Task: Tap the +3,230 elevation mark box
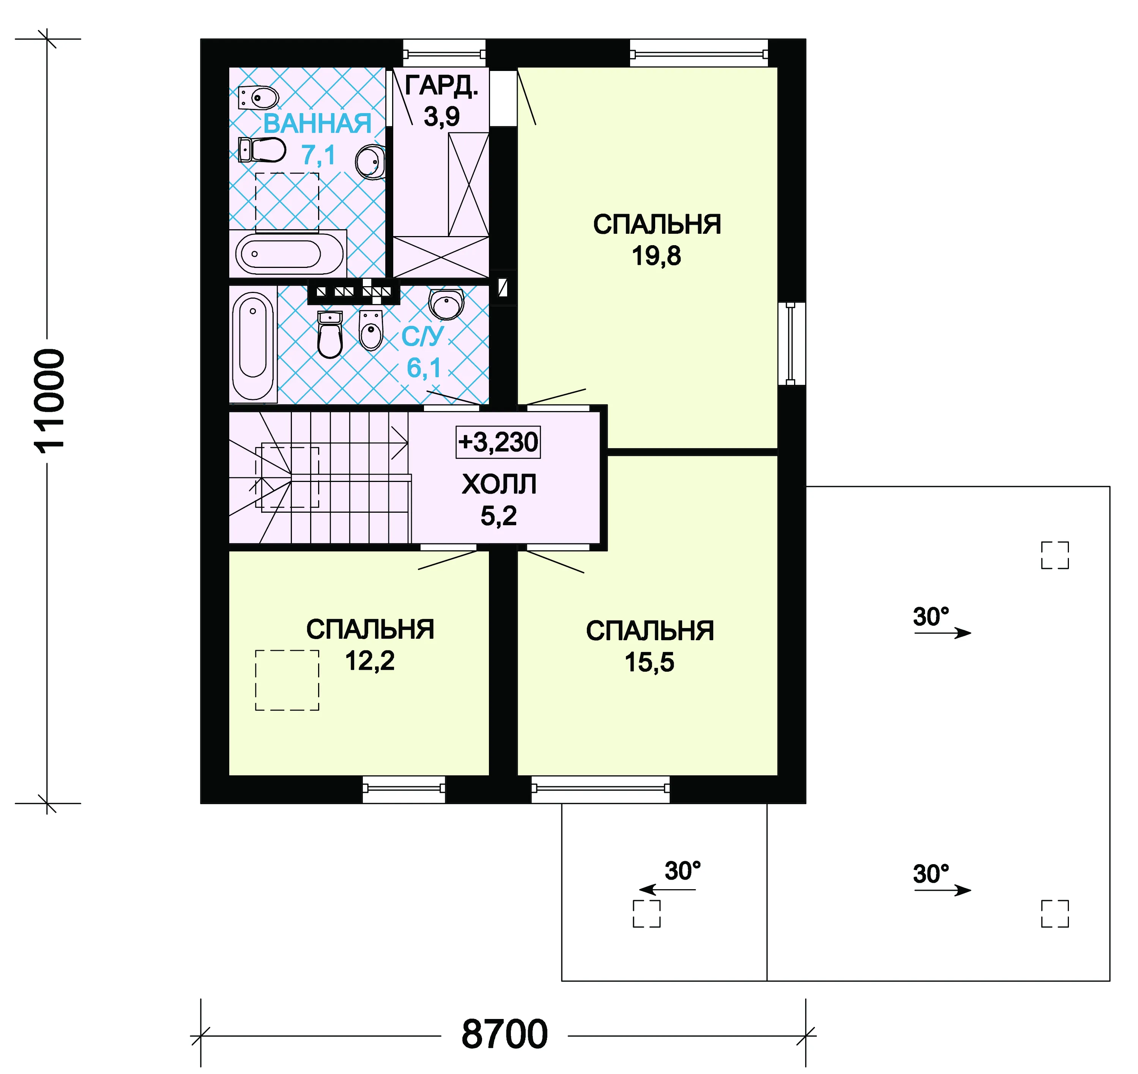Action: [x=498, y=442]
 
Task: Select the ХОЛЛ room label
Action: [x=499, y=484]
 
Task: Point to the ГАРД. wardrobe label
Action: [x=441, y=86]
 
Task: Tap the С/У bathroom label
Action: [x=422, y=337]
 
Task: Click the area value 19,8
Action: [x=656, y=256]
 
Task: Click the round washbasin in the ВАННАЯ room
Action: [x=370, y=161]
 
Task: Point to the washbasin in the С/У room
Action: [x=446, y=304]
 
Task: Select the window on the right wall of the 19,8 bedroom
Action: [x=791, y=343]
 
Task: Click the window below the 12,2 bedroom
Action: [x=404, y=789]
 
